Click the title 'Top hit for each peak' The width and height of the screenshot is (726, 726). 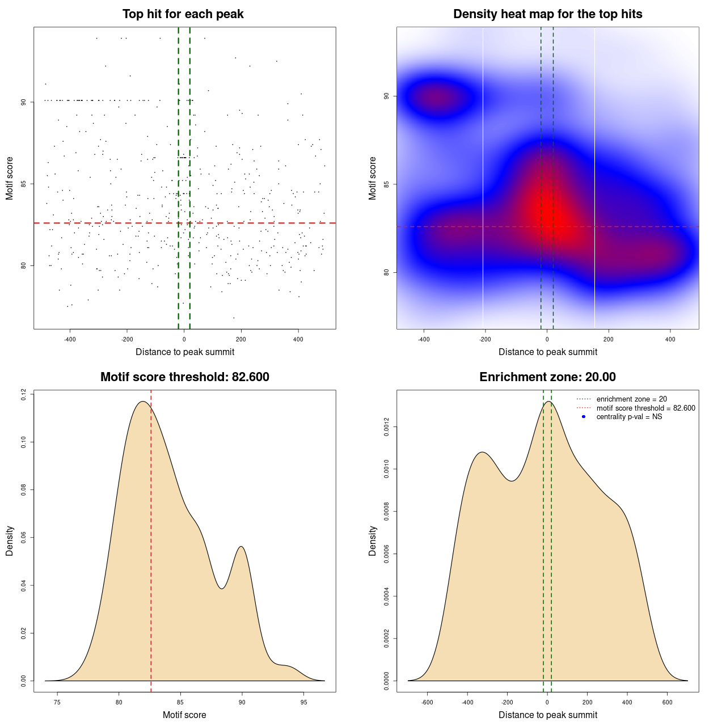183,14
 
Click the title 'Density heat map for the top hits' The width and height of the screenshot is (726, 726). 547,14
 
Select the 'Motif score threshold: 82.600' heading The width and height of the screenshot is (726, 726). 184,377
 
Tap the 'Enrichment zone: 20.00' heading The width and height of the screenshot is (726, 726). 547,377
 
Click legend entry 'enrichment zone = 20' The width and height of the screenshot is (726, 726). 631,399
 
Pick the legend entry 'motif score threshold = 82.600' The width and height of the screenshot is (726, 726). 645,408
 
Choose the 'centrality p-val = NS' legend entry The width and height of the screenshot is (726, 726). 629,417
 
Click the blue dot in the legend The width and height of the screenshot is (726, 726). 584,417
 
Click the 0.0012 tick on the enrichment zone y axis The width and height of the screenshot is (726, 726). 387,427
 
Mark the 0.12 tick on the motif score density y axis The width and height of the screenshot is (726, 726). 24,394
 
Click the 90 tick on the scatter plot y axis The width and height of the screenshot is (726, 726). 24,102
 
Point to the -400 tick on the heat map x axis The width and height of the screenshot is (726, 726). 424,339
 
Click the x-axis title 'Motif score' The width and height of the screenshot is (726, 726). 184,715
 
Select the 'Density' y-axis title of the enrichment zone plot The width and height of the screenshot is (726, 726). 373,541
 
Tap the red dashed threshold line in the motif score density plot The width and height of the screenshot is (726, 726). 151,539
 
